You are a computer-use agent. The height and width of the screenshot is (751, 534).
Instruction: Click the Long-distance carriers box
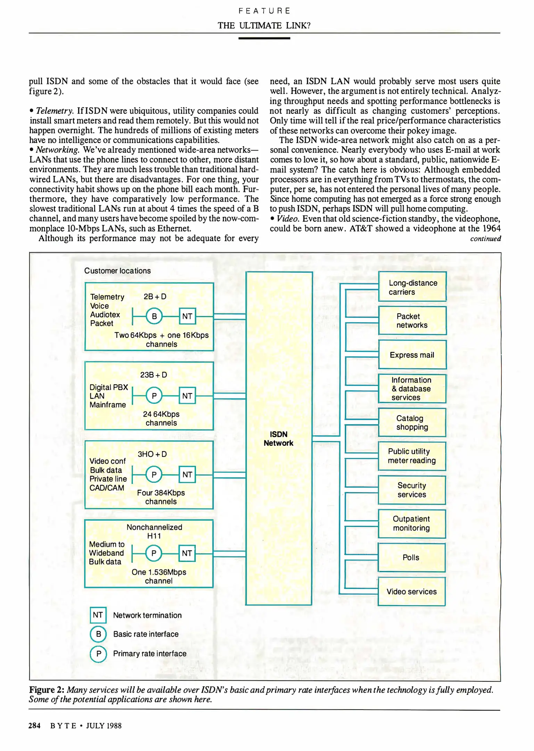pyautogui.click(x=412, y=287)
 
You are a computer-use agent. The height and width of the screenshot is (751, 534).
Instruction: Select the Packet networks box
pyautogui.click(x=412, y=320)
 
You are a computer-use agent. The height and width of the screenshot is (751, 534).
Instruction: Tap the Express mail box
pyautogui.click(x=412, y=355)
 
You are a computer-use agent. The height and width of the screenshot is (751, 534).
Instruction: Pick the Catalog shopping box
pyautogui.click(x=412, y=422)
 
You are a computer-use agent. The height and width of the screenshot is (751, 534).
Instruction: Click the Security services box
pyautogui.click(x=412, y=490)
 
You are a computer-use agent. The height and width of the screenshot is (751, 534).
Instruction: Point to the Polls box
pyautogui.click(x=411, y=557)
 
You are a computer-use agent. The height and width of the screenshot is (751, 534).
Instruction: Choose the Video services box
pyautogui.click(x=411, y=591)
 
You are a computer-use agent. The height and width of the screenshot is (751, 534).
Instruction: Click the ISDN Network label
pyautogui.click(x=278, y=438)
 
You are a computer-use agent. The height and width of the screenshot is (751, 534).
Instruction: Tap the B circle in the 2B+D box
pyautogui.click(x=154, y=316)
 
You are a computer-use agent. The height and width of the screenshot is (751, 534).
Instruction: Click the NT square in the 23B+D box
pyautogui.click(x=187, y=396)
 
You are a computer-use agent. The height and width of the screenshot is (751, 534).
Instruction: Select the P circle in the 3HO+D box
pyautogui.click(x=154, y=475)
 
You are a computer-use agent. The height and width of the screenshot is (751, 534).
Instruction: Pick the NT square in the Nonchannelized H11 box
pyautogui.click(x=187, y=553)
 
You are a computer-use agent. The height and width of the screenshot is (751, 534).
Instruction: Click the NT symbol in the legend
pyautogui.click(x=98, y=615)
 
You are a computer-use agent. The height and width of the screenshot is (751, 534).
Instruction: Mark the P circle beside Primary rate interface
pyautogui.click(x=98, y=654)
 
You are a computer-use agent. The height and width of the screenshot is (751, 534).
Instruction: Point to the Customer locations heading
pyautogui.click(x=117, y=270)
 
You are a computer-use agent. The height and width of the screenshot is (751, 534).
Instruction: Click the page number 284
pyautogui.click(x=34, y=726)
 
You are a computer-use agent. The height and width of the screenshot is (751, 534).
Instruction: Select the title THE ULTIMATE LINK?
pyautogui.click(x=264, y=25)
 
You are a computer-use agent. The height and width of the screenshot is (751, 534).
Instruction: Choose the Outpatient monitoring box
pyautogui.click(x=411, y=523)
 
